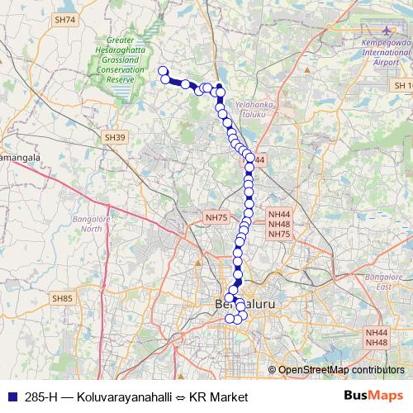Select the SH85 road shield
pyautogui.click(x=62, y=297)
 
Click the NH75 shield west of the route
pyautogui.click(x=216, y=217)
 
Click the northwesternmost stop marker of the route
pyautogui.click(x=163, y=72)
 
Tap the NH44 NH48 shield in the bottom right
pyautogui.click(x=376, y=337)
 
